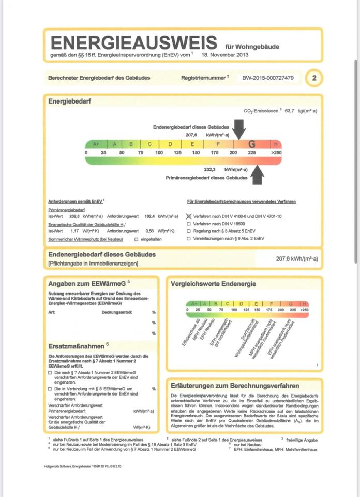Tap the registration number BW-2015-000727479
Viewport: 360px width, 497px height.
click(x=268, y=78)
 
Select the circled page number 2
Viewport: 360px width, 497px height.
click(x=314, y=78)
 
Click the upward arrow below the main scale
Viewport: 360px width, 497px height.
click(x=258, y=175)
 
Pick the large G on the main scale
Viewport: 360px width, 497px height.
click(x=252, y=144)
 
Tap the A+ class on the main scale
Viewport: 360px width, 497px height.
click(x=96, y=144)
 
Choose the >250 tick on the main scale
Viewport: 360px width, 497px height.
click(x=276, y=153)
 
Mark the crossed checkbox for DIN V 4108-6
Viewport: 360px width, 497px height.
click(x=189, y=216)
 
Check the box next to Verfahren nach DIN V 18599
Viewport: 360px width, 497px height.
click(x=189, y=224)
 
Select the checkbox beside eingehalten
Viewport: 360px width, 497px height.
click(x=136, y=239)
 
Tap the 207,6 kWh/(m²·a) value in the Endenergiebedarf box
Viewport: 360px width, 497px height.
click(x=297, y=258)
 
